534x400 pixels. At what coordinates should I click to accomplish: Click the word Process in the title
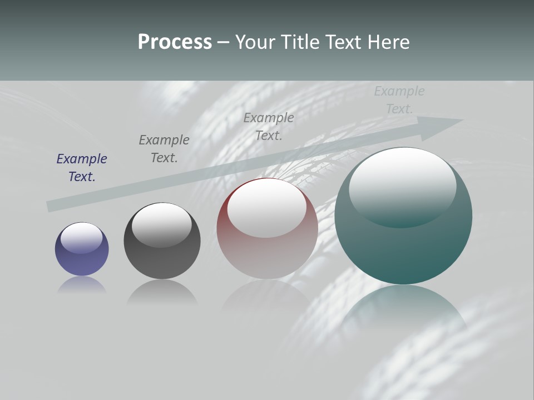(x=175, y=42)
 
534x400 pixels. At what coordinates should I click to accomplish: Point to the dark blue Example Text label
(x=82, y=168)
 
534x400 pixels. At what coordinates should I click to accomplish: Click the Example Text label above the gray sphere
(x=164, y=149)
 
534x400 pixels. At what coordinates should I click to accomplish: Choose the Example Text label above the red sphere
(x=269, y=126)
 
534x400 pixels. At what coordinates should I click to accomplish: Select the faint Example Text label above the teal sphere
(x=399, y=100)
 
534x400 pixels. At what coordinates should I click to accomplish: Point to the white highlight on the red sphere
(x=267, y=208)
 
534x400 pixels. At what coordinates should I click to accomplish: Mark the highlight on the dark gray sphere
(x=162, y=223)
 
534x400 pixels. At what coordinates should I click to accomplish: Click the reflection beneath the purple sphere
(x=82, y=286)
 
